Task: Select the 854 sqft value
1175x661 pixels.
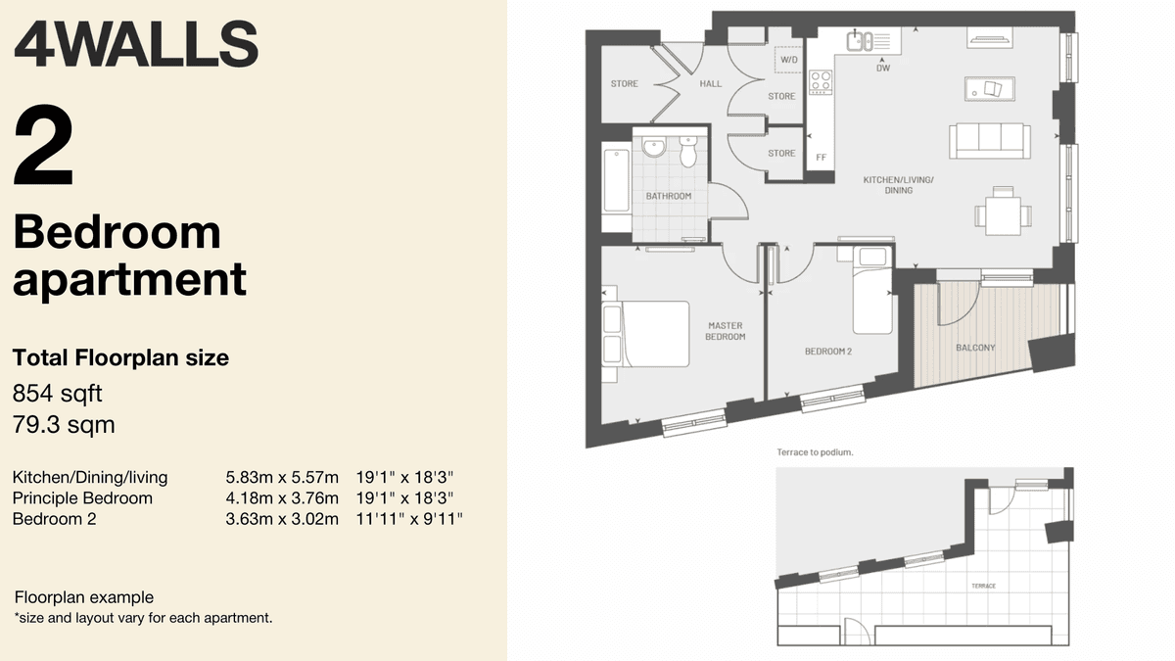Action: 57,394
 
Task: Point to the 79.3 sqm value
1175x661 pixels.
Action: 64,425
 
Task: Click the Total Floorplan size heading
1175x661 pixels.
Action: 120,358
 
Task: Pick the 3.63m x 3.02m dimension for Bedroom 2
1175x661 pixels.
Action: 282,519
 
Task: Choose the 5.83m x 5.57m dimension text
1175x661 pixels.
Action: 282,478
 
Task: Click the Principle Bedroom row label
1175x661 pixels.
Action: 82,498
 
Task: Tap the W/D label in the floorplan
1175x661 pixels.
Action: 788,61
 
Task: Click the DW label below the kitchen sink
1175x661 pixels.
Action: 883,68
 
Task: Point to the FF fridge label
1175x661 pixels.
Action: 821,157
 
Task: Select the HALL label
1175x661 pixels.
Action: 710,84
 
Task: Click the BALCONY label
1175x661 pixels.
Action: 975,348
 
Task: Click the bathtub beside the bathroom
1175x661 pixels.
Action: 616,181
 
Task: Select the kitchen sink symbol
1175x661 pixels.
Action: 861,40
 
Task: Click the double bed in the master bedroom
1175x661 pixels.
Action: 646,333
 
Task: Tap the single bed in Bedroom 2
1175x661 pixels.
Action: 871,291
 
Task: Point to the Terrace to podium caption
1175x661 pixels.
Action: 815,452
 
